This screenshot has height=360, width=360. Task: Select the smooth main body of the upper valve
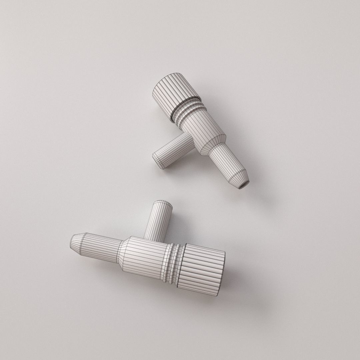[x=204, y=126]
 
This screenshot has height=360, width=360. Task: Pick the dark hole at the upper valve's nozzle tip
[x=244, y=185]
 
